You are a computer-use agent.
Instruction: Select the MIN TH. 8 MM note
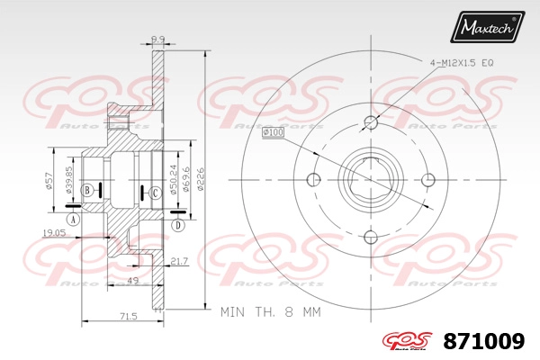click(270, 314)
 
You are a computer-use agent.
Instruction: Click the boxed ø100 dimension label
click(273, 133)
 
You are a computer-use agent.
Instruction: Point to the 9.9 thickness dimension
click(157, 39)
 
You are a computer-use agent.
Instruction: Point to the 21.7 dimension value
click(178, 261)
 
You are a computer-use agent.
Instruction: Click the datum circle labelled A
click(73, 220)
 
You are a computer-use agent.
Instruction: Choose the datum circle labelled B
click(87, 190)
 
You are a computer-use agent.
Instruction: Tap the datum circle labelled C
click(155, 192)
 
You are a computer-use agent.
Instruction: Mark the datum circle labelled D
click(178, 224)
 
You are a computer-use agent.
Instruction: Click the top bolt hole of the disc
click(371, 122)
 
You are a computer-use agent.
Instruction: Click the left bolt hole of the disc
click(314, 178)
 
